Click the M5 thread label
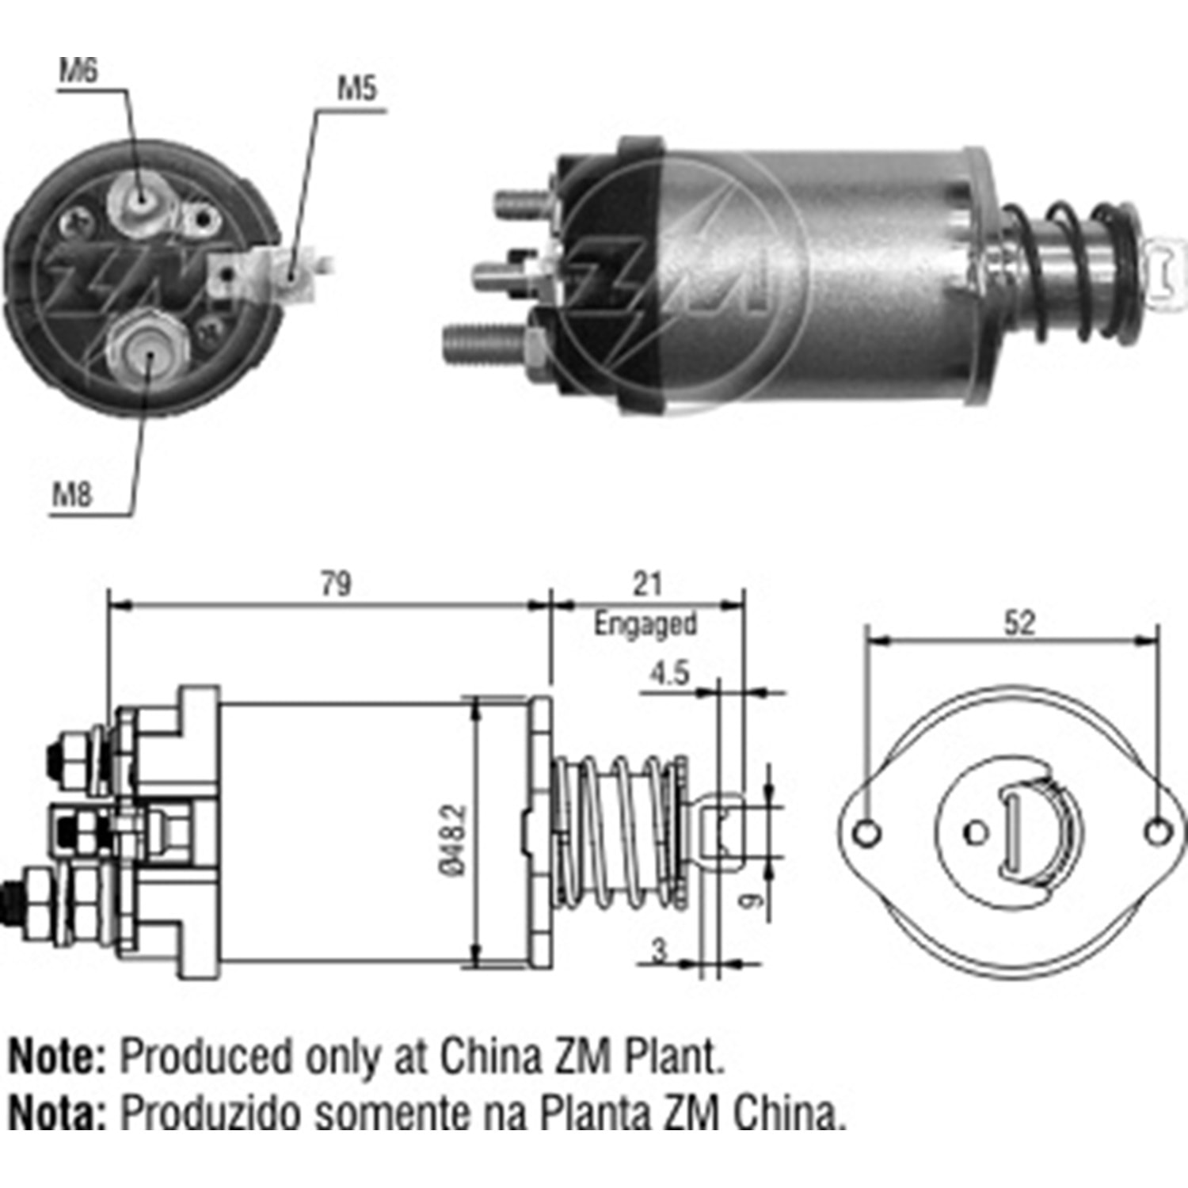(x=357, y=89)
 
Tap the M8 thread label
(x=72, y=495)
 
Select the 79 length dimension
(x=336, y=584)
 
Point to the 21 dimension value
(x=647, y=584)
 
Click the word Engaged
(x=645, y=623)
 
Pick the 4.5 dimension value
(x=669, y=673)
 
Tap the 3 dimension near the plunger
(x=660, y=950)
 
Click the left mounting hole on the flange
(x=868, y=832)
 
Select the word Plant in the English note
(x=674, y=1057)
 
